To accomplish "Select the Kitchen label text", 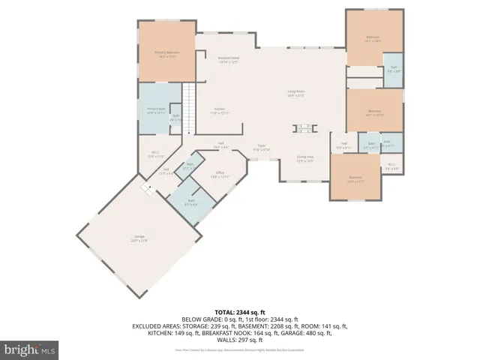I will click(219, 111).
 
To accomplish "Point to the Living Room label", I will click(295, 94).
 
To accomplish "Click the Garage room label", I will click(139, 239).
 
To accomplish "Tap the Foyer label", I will click(261, 148).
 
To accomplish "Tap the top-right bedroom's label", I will click(373, 39).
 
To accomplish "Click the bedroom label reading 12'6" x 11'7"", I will click(355, 179).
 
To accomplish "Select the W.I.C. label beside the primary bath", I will click(154, 154).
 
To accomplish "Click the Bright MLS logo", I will click(30, 349).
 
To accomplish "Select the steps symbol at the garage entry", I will click(148, 188).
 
